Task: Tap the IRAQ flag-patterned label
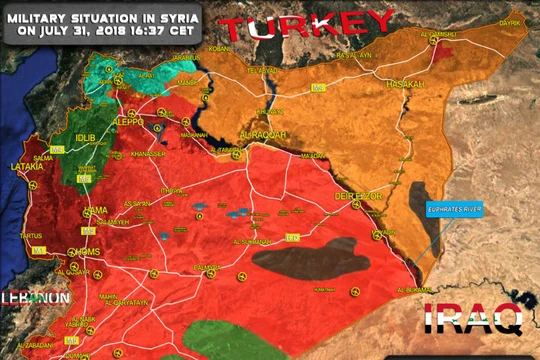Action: click(x=473, y=320)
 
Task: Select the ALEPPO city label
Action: click(x=129, y=121)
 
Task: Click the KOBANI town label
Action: click(x=218, y=48)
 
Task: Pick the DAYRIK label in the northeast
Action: click(x=510, y=20)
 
